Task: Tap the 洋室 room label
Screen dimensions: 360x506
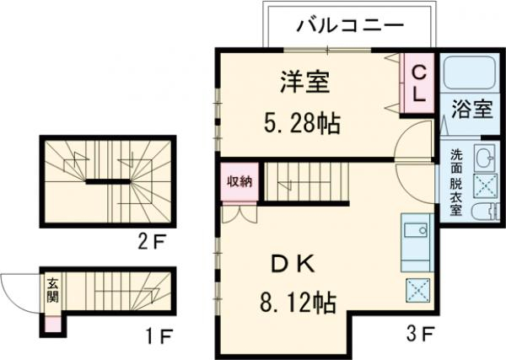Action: pyautogui.click(x=304, y=83)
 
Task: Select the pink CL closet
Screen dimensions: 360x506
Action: pyautogui.click(x=417, y=83)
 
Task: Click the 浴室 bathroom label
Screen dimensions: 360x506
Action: pyautogui.click(x=470, y=109)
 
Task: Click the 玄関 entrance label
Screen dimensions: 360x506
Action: pyautogui.click(x=51, y=290)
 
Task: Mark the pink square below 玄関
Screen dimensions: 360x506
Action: pyautogui.click(x=51, y=321)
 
